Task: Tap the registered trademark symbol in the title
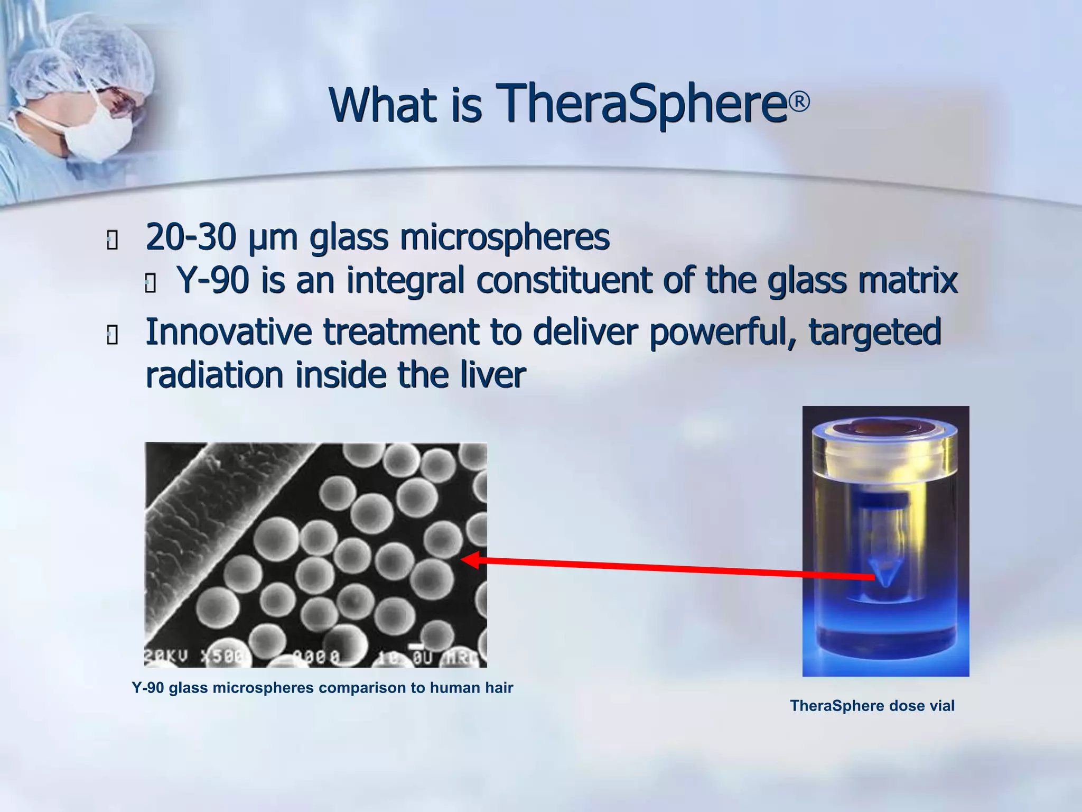800,101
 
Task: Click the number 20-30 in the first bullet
190,237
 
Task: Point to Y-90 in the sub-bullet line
213,280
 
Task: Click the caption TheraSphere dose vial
872,706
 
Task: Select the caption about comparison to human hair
322,688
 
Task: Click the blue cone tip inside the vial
885,574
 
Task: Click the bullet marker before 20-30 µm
112,241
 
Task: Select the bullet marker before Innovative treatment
112,335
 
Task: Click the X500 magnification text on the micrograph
220,657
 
